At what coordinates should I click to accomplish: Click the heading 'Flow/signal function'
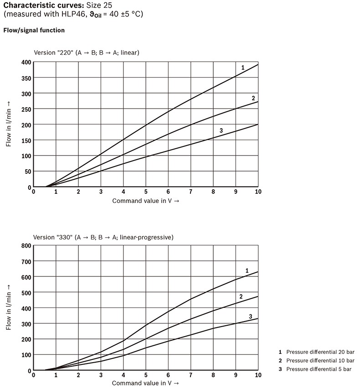[x=34, y=31]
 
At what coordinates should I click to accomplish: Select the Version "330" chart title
[x=103, y=237]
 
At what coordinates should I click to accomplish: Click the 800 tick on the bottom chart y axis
[x=26, y=246]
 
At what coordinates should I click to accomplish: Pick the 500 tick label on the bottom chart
[x=26, y=293]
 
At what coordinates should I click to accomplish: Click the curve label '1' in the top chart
[x=242, y=68]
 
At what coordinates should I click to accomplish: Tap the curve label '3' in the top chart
[x=221, y=131]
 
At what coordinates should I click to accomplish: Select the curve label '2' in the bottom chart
[x=241, y=296]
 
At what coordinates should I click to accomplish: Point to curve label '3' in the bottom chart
[x=250, y=316]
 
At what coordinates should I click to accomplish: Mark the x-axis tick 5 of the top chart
[x=146, y=192]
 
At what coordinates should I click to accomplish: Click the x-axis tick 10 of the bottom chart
[x=258, y=375]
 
